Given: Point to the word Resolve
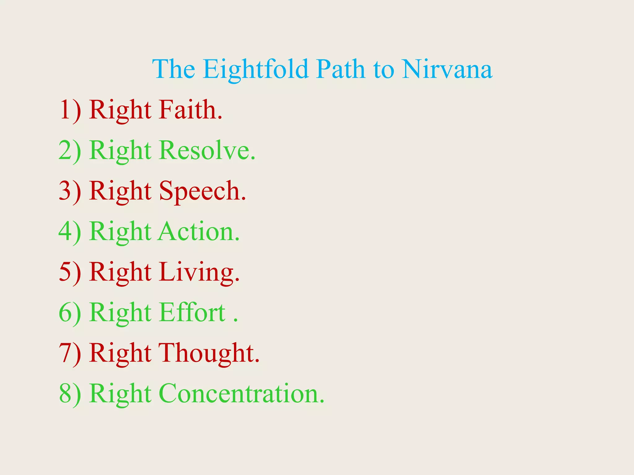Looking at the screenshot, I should pyautogui.click(x=207, y=151).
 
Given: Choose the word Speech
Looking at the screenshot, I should pyautogui.click(x=202, y=191).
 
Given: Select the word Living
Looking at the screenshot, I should pyautogui.click(x=199, y=272).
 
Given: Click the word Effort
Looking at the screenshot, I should pyautogui.click(x=192, y=313).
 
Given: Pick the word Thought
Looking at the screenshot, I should pyautogui.click(x=209, y=353).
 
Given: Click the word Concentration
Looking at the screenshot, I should pyautogui.click(x=241, y=394).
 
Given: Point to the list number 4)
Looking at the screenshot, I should pyautogui.click(x=70, y=232).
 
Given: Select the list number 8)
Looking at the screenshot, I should pyautogui.click(x=70, y=394).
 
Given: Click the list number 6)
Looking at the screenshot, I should pyautogui.click(x=70, y=313).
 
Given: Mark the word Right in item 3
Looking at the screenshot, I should pyautogui.click(x=120, y=191).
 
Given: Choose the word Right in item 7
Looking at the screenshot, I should pyautogui.click(x=120, y=353).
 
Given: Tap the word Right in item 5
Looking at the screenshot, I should pyautogui.click(x=120, y=272).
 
